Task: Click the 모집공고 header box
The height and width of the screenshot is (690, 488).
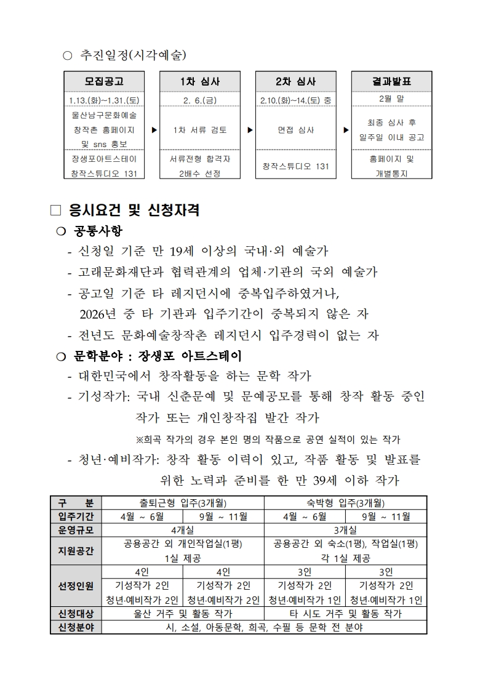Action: pos(104,81)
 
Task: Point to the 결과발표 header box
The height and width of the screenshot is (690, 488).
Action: pos(391,81)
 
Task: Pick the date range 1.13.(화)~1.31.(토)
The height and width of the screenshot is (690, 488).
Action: pos(104,99)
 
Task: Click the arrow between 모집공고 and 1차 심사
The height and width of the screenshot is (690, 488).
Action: pos(153,130)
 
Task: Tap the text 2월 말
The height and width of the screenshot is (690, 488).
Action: pos(391,98)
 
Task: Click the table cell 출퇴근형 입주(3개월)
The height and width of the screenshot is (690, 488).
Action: pos(182,502)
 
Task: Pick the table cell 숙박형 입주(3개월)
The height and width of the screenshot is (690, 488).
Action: pos(345,502)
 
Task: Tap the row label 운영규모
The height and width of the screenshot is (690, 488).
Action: pos(76,529)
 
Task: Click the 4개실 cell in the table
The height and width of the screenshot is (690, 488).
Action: pos(182,529)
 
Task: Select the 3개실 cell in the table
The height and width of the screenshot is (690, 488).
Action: pos(345,529)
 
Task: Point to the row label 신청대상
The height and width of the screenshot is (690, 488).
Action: pos(76,614)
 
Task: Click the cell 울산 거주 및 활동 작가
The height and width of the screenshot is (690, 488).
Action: pos(182,614)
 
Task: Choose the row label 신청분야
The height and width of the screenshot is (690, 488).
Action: pos(76,627)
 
